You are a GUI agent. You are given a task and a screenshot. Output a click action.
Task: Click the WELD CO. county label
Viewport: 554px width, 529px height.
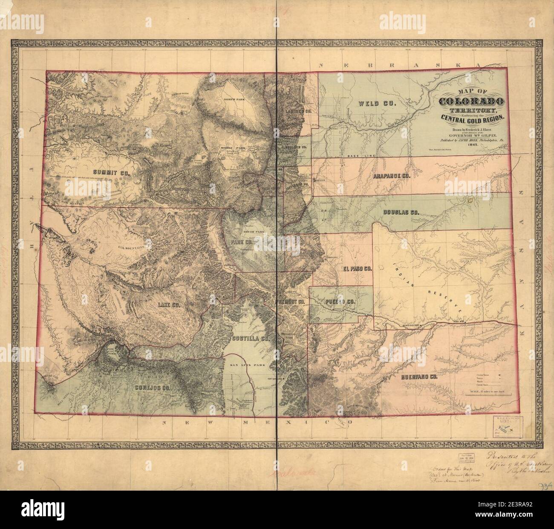click(x=377, y=104)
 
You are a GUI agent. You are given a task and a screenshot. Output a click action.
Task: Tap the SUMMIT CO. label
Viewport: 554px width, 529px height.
click(x=110, y=172)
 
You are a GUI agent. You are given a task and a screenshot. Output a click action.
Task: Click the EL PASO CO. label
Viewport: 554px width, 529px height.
click(x=358, y=269)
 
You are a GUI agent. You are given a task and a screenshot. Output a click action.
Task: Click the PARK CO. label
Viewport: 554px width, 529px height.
click(x=242, y=242)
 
